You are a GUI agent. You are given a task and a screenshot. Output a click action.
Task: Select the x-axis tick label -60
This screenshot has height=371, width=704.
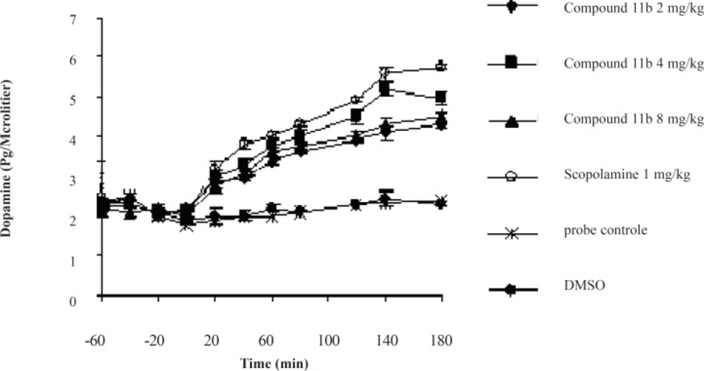(101, 322)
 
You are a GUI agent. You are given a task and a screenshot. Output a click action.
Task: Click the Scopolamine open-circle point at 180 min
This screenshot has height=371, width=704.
(441, 66)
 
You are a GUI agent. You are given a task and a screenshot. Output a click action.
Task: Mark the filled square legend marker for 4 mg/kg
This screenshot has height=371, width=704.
(512, 63)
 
